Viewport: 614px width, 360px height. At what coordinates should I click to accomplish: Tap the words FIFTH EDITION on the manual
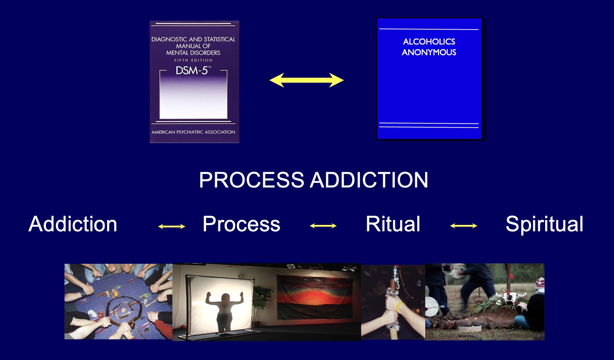click(x=193, y=60)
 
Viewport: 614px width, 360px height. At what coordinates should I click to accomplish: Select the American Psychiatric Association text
click(x=193, y=132)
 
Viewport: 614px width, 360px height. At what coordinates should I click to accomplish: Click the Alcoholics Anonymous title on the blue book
click(x=429, y=47)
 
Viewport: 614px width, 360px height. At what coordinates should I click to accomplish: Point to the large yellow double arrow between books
click(x=307, y=80)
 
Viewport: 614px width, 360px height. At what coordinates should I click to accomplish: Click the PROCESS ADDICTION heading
click(x=313, y=180)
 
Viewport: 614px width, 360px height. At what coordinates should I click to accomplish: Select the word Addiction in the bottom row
click(x=73, y=224)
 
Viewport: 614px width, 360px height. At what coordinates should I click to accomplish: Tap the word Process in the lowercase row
click(x=241, y=224)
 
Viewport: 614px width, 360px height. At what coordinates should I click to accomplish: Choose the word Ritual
click(x=393, y=224)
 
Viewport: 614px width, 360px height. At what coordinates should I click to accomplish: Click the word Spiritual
click(x=544, y=224)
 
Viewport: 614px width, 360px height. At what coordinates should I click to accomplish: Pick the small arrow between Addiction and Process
click(x=172, y=226)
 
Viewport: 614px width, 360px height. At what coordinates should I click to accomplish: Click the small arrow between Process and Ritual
click(x=323, y=226)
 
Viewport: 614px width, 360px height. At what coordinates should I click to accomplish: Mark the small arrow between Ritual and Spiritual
click(x=463, y=226)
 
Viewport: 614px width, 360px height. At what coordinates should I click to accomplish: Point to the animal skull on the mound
click(x=511, y=297)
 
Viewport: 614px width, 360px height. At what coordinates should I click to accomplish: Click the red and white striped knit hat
click(x=540, y=283)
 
